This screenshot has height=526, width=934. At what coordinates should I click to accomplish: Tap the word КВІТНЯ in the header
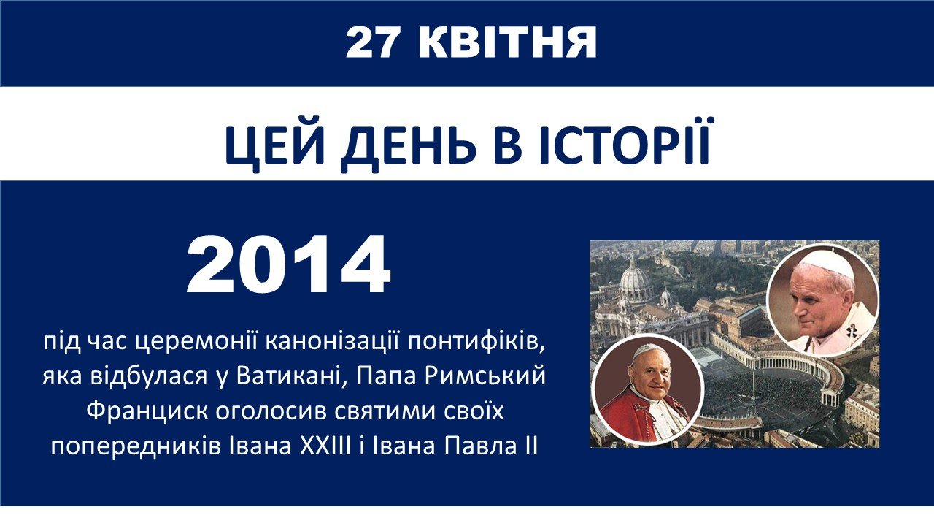coord(507,43)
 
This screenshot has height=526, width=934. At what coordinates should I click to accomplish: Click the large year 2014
coord(288,264)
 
